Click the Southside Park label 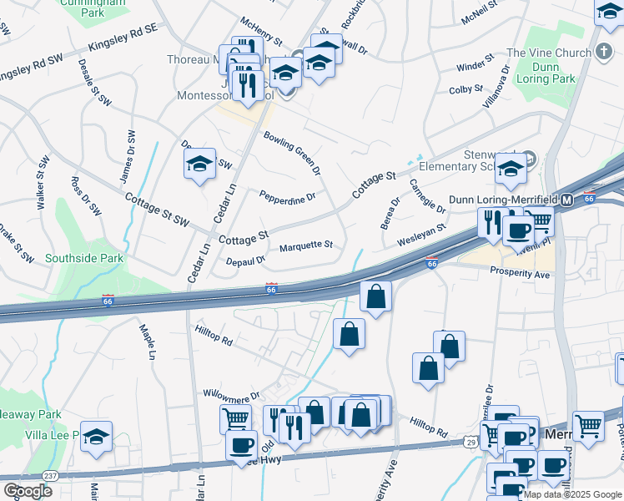pyautogui.click(x=84, y=258)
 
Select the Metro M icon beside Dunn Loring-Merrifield pyautogui.click(x=566, y=200)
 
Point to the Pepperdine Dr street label pyautogui.click(x=287, y=198)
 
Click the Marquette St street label pyautogui.click(x=305, y=245)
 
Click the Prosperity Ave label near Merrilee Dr pyautogui.click(x=520, y=273)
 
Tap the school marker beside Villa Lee pyautogui.click(x=97, y=436)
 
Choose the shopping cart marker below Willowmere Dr pyautogui.click(x=235, y=418)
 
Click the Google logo pyautogui.click(x=28, y=490)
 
